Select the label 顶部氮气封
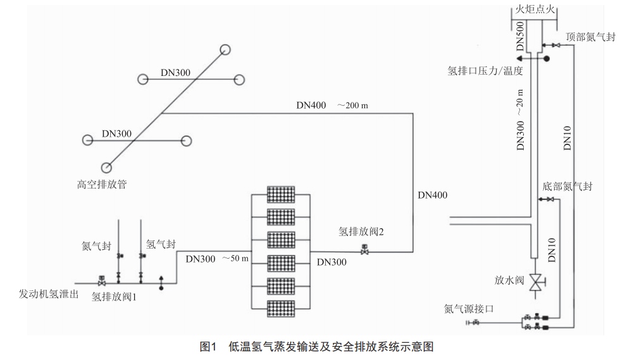591,37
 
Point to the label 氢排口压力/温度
485,71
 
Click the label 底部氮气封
567,187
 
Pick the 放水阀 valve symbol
536,282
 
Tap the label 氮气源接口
468,309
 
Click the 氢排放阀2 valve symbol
364,250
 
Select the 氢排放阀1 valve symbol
101,279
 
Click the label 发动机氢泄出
48,295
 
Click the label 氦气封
96,245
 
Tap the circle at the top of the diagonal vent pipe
226,50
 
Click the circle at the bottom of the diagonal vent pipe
106,168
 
